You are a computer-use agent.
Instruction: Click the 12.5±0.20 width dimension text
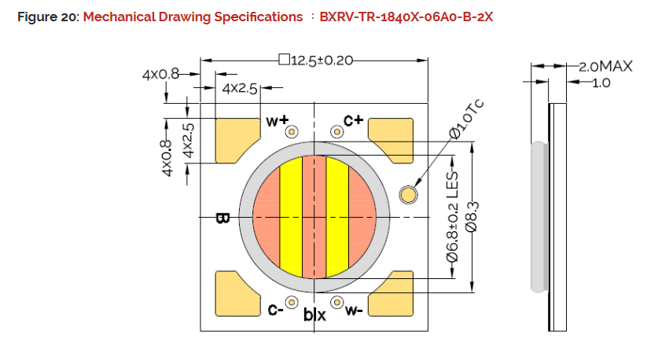tap(322, 61)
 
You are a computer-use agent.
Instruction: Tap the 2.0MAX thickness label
tap(605, 66)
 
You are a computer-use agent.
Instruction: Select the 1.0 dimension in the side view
tap(601, 83)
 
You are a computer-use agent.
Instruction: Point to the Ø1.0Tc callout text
tap(466, 119)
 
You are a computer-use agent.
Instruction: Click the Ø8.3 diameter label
tap(471, 216)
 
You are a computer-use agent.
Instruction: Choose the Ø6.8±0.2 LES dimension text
tap(452, 217)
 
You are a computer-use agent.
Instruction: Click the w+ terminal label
tap(278, 120)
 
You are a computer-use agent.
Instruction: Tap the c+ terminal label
tap(353, 120)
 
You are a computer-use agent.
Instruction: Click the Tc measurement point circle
tap(409, 195)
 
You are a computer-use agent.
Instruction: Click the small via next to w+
tap(292, 132)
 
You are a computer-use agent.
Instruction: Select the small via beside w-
tap(337, 303)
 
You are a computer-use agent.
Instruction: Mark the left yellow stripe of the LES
tap(292, 217)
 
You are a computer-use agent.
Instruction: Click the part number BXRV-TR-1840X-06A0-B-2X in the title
tap(406, 17)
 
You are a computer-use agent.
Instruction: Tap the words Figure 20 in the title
tap(46, 17)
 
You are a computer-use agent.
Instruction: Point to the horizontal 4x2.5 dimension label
tap(239, 89)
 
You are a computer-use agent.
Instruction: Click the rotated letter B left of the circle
tap(222, 219)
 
